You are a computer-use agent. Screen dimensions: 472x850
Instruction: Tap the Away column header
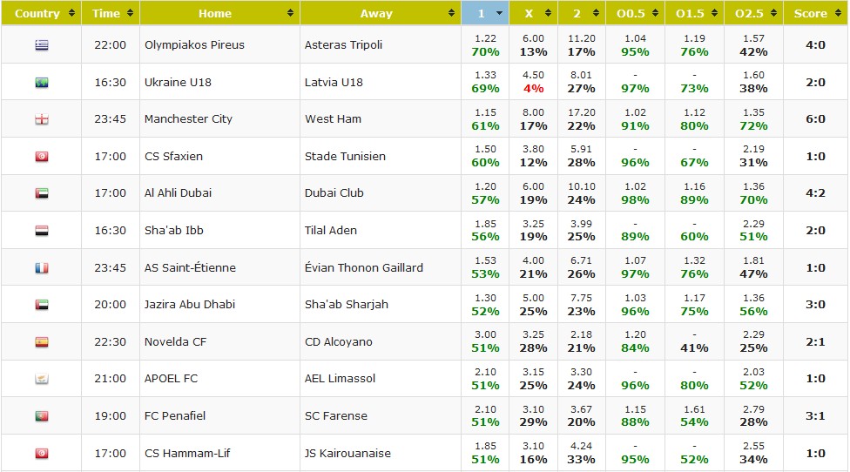point(376,13)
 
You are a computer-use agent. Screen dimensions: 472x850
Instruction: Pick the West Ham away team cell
point(333,118)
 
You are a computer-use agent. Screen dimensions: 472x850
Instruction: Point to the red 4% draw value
point(533,89)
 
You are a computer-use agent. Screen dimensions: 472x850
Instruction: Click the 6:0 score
point(816,118)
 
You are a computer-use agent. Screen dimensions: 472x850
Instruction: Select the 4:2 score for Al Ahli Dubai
point(816,192)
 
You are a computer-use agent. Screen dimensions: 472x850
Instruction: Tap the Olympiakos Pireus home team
point(194,44)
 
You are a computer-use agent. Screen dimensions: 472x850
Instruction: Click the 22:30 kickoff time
point(110,341)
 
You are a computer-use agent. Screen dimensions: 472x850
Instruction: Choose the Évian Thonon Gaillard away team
point(364,267)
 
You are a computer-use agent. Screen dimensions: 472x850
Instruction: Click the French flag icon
point(42,268)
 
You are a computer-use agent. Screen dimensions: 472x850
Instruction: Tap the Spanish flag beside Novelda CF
point(42,342)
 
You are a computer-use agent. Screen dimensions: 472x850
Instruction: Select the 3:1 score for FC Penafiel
point(816,415)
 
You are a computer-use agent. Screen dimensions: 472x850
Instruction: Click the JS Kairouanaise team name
point(347,453)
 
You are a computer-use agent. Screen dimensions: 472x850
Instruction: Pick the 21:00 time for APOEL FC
point(110,379)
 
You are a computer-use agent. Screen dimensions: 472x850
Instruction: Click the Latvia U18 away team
point(334,82)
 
